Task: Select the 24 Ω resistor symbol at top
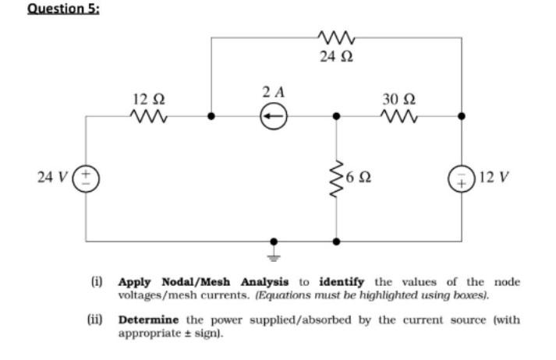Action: pyautogui.click(x=337, y=37)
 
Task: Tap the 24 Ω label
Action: pyautogui.click(x=337, y=57)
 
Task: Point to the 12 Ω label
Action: pyautogui.click(x=148, y=99)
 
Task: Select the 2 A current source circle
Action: pyautogui.click(x=273, y=117)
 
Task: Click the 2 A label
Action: pyautogui.click(x=273, y=92)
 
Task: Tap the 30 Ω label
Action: pyautogui.click(x=398, y=99)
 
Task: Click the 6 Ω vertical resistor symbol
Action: pyautogui.click(x=337, y=178)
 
